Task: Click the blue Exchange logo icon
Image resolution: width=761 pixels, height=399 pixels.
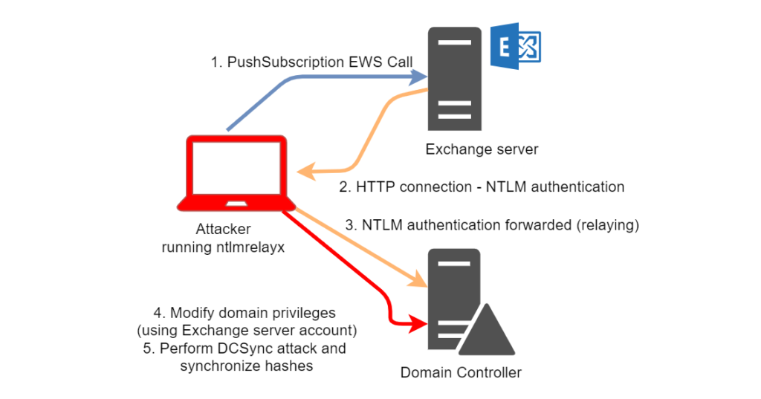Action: tap(516, 45)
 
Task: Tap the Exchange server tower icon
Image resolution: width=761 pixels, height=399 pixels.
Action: tap(455, 79)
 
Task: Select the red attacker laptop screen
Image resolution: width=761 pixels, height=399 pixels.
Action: tap(236, 167)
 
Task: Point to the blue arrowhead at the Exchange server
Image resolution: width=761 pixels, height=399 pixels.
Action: tap(418, 77)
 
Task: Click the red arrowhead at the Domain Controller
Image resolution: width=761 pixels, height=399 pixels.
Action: tap(418, 323)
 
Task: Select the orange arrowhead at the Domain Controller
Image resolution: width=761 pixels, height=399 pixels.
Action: tap(418, 280)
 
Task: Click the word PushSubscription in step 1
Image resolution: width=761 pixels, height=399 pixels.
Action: tap(285, 62)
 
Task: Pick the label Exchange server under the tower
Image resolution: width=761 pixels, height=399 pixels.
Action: tap(482, 149)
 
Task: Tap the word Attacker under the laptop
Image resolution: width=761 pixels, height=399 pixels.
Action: tap(223, 229)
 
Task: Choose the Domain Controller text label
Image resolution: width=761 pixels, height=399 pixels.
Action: tap(461, 372)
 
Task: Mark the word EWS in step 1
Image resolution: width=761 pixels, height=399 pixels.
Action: tap(366, 62)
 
